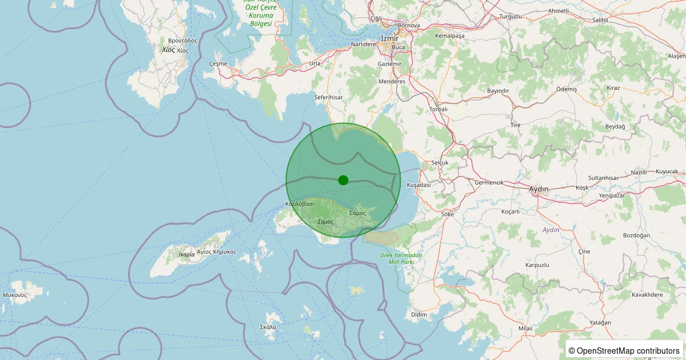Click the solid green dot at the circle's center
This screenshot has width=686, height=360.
(x=343, y=180)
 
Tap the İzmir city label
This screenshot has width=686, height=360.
(x=389, y=38)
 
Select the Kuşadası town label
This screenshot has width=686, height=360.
(x=418, y=185)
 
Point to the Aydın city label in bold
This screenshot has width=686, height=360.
(x=539, y=189)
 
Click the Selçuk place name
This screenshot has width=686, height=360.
(x=440, y=163)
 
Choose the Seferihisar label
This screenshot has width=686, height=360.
(x=328, y=98)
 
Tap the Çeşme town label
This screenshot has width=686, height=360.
(x=218, y=63)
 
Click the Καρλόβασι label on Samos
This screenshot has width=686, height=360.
(x=300, y=204)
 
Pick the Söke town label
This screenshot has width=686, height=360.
(x=448, y=214)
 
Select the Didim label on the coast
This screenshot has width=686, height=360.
(x=419, y=315)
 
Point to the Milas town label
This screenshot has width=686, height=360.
(x=525, y=329)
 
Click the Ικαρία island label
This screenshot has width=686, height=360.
(x=186, y=254)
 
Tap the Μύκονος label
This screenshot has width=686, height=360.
(x=15, y=295)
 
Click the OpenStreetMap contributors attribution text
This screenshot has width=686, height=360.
(x=624, y=350)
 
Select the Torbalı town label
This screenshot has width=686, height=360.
(x=438, y=109)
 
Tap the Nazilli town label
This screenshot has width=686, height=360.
(x=639, y=173)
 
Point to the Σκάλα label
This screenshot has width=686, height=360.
(x=268, y=327)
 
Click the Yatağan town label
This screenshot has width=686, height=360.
(x=600, y=323)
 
